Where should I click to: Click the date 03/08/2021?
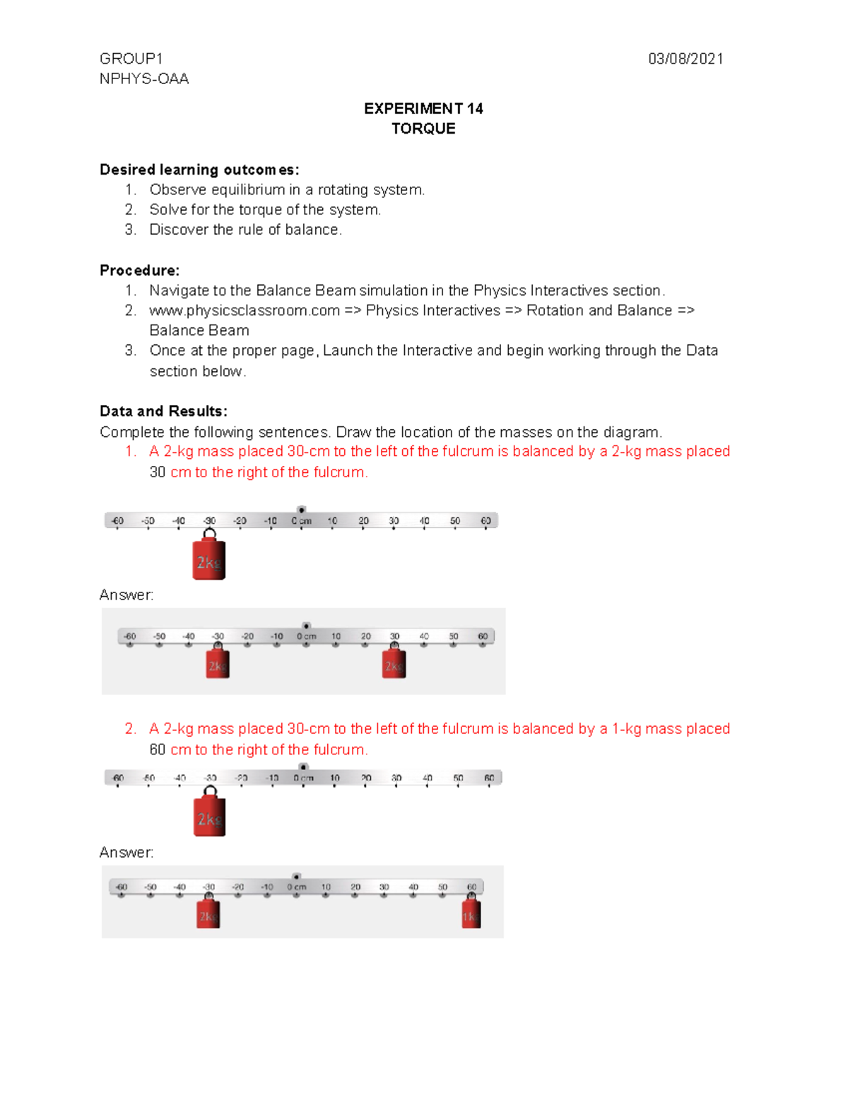685,59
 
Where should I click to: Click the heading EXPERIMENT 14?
423,108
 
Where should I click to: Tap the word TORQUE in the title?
423,129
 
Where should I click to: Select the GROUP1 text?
131,59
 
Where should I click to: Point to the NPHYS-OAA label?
144,78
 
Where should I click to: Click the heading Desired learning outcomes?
199,170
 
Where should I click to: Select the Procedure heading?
139,270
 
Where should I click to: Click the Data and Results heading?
163,411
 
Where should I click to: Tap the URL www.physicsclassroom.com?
245,310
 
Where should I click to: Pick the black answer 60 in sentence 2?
158,749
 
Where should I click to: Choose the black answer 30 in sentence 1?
158,472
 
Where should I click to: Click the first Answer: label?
126,595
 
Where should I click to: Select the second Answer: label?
126,853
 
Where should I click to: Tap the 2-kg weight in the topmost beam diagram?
209,559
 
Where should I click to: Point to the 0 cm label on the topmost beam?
302,521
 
